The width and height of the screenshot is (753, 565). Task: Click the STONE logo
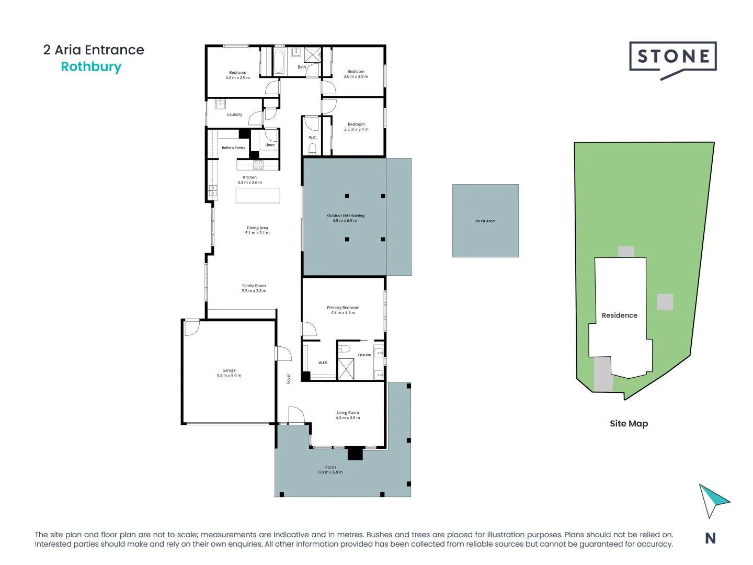click(672, 58)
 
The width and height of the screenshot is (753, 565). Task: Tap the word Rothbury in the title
click(91, 67)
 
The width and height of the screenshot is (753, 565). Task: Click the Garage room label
click(229, 370)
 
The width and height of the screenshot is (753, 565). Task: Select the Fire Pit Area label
click(484, 221)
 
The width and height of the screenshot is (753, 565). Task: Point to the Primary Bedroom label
click(343, 308)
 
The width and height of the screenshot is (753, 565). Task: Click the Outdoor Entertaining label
click(346, 216)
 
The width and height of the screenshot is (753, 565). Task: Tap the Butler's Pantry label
click(233, 148)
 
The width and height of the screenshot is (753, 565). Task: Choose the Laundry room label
click(234, 115)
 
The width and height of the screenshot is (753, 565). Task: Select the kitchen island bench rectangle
click(258, 196)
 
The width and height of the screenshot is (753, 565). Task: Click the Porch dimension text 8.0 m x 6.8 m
click(330, 472)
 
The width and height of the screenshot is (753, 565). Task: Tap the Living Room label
click(347, 413)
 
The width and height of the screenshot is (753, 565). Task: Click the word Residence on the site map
click(619, 315)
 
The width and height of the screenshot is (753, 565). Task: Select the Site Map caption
click(629, 424)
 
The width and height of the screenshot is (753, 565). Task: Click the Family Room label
click(254, 286)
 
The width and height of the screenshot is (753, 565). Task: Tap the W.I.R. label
click(323, 363)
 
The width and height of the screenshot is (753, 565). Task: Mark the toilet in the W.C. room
click(312, 149)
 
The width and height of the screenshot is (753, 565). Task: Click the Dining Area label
click(257, 228)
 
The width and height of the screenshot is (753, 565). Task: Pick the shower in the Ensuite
click(346, 369)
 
